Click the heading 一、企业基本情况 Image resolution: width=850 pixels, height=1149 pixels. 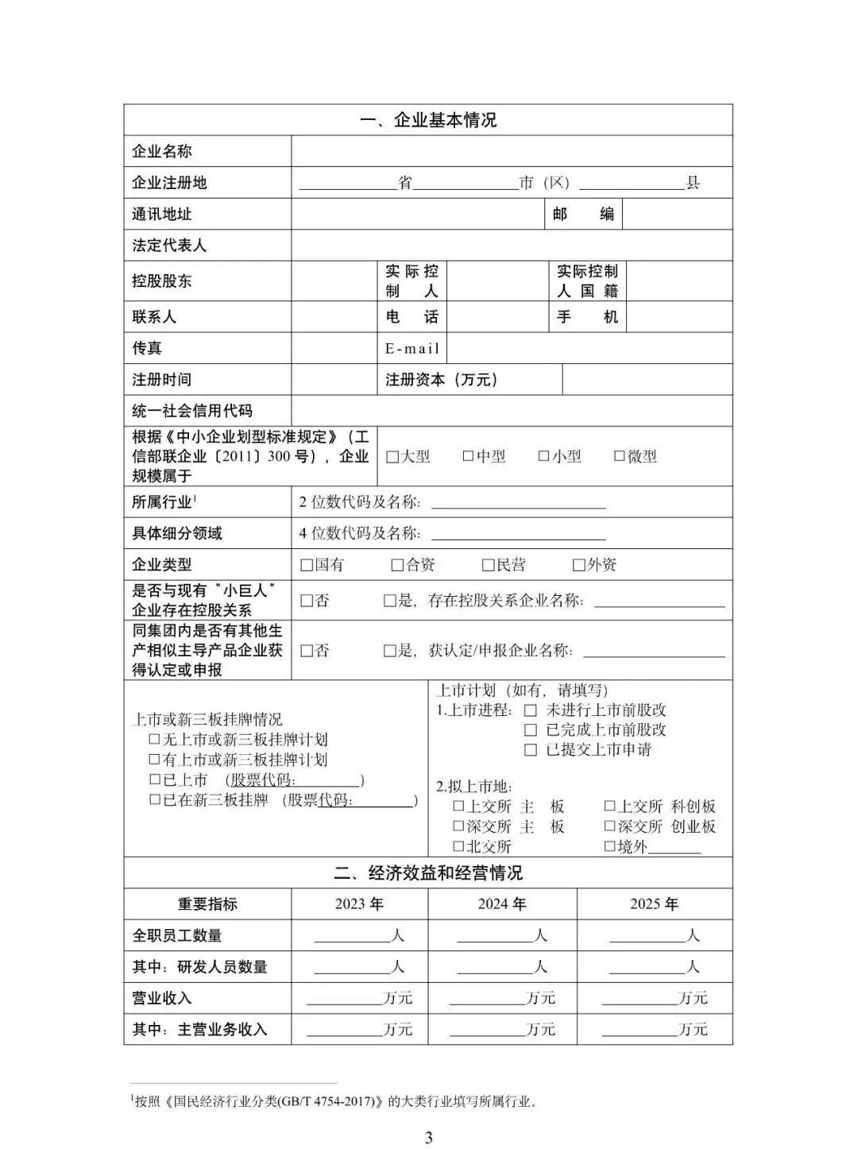click(x=428, y=120)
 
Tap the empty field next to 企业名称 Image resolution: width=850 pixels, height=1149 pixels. click(x=511, y=151)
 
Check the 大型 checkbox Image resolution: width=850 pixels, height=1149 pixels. click(x=392, y=457)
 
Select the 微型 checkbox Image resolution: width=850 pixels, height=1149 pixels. click(x=620, y=456)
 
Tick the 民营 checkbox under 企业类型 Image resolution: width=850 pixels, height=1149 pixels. click(x=489, y=565)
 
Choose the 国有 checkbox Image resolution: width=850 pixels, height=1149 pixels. click(x=307, y=565)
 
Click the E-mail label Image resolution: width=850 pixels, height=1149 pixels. click(x=412, y=348)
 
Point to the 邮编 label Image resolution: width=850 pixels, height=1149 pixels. click(x=583, y=214)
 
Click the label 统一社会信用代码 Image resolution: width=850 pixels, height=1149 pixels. click(x=192, y=411)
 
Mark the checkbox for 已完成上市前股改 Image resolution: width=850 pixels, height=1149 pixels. click(x=531, y=729)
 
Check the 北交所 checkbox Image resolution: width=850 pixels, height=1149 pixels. click(x=458, y=846)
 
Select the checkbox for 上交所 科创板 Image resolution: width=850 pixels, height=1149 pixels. click(x=610, y=806)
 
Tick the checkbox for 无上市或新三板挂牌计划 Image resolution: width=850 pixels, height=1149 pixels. click(x=155, y=739)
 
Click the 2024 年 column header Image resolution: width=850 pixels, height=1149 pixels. click(x=502, y=903)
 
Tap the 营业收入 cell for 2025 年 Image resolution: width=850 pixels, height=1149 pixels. click(x=654, y=998)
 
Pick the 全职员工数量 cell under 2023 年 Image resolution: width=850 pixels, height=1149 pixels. click(x=359, y=935)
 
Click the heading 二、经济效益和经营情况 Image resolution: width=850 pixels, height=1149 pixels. click(x=428, y=873)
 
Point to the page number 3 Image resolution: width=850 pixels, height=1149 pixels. click(x=429, y=1137)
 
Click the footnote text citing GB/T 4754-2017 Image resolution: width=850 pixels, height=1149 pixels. click(x=334, y=1101)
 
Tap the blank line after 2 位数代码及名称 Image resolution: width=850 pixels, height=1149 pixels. click(x=518, y=503)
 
